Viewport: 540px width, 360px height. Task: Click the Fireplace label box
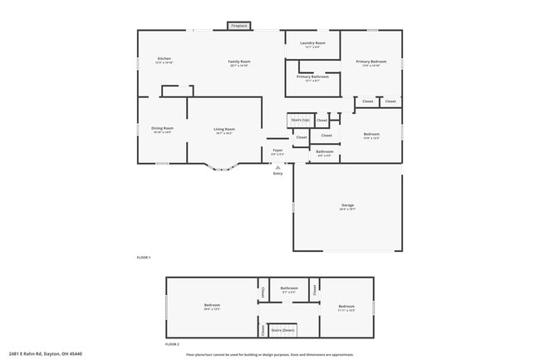coord(238,26)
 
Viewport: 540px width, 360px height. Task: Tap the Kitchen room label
coord(164,59)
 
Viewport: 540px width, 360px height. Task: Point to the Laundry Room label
coord(312,43)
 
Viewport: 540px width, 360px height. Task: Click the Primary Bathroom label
coord(312,77)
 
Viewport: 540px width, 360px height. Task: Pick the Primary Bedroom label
coord(371,62)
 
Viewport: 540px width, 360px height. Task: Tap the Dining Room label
coord(162,129)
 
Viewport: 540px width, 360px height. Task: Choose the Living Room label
coord(224,130)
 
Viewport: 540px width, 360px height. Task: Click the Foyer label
coord(277,151)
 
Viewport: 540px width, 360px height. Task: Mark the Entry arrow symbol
coord(277,166)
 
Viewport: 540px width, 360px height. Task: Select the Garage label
coord(347,205)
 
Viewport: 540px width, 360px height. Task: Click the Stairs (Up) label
coord(300,120)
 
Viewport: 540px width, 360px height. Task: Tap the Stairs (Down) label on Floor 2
coord(282,330)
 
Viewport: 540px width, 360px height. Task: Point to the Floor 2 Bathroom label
coord(289,289)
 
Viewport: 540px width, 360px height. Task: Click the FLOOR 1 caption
coord(144,258)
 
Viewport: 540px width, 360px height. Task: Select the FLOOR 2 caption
coord(172,344)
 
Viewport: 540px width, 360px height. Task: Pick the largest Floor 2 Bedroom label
coord(212,306)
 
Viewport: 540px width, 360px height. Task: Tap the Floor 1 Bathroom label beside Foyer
coord(324,152)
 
